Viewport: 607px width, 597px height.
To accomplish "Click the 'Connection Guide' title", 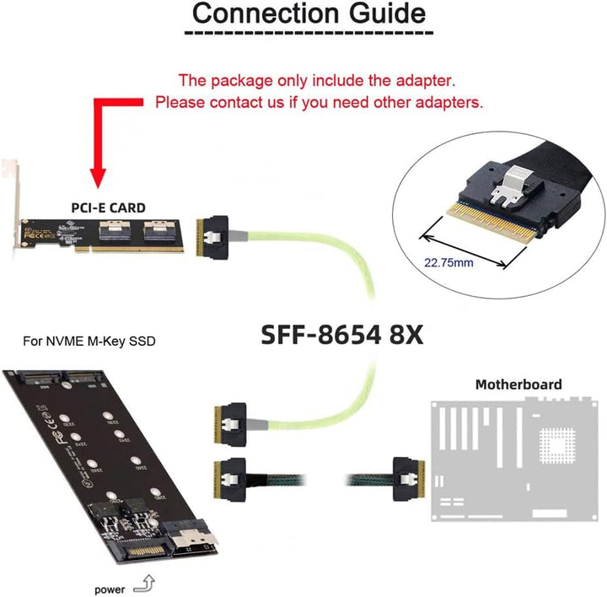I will [309, 14].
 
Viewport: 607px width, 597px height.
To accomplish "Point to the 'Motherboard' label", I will [518, 385].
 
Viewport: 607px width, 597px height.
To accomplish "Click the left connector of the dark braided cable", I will [233, 479].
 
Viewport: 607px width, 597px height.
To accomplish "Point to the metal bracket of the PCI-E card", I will [11, 207].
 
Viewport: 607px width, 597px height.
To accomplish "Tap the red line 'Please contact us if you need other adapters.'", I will [320, 103].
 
